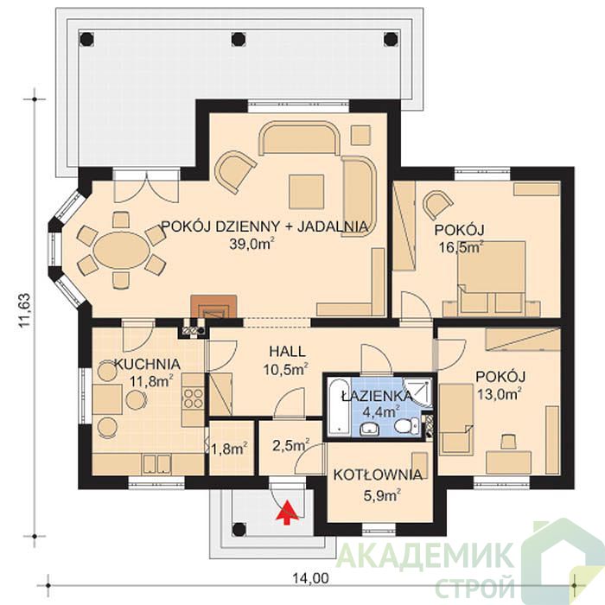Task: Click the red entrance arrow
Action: (286, 513)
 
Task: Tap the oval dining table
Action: (122, 251)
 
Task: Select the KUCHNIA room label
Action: (148, 364)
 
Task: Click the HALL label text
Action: (287, 351)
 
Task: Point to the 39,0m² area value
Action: (252, 244)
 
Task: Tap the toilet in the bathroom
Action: (406, 426)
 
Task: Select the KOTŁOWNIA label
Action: (378, 475)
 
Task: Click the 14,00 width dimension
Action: (310, 577)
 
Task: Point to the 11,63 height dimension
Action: (24, 310)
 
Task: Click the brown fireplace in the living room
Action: (213, 306)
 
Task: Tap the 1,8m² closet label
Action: (229, 448)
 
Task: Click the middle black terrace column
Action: (238, 39)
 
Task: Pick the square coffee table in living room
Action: (306, 191)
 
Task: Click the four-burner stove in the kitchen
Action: (193, 398)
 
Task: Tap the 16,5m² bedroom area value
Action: (462, 246)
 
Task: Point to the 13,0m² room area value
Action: (500, 394)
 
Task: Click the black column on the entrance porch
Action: (239, 529)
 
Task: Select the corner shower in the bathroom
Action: (417, 392)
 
